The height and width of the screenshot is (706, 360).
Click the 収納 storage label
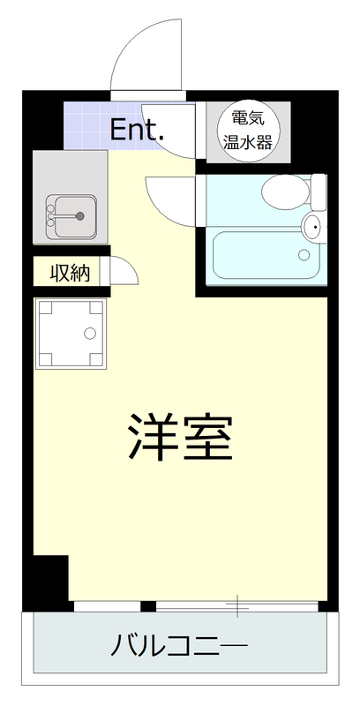coord(70,273)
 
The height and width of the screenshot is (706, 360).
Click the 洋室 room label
coord(180,437)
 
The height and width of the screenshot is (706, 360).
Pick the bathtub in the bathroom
coord(261,256)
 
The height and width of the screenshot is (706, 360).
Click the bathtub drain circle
coord(304,256)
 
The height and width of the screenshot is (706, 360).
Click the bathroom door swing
coord(168,196)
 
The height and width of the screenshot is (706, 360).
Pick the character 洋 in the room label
coord(153,437)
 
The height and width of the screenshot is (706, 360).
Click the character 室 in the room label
coord(208,437)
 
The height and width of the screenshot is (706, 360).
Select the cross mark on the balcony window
coord(237,605)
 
